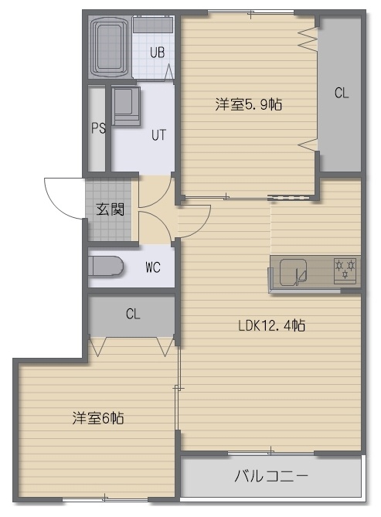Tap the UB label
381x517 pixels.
(x=157, y=53)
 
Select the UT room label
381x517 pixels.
(x=158, y=135)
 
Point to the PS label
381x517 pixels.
(x=98, y=128)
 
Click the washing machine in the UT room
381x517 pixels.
(x=126, y=106)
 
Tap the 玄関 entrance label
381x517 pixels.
(x=111, y=209)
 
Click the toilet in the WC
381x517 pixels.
(x=106, y=267)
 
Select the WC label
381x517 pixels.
(x=153, y=267)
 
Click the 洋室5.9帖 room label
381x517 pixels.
(x=249, y=104)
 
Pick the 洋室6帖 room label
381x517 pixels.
(x=98, y=418)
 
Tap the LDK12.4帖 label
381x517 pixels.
(x=271, y=325)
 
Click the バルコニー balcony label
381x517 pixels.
(x=271, y=476)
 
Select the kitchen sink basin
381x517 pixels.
(x=293, y=272)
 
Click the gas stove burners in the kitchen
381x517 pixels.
(x=345, y=270)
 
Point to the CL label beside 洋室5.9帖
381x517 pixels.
(x=342, y=93)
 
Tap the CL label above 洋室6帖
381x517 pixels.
(x=133, y=314)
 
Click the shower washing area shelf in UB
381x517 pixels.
(x=153, y=25)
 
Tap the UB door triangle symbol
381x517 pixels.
(x=168, y=72)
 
